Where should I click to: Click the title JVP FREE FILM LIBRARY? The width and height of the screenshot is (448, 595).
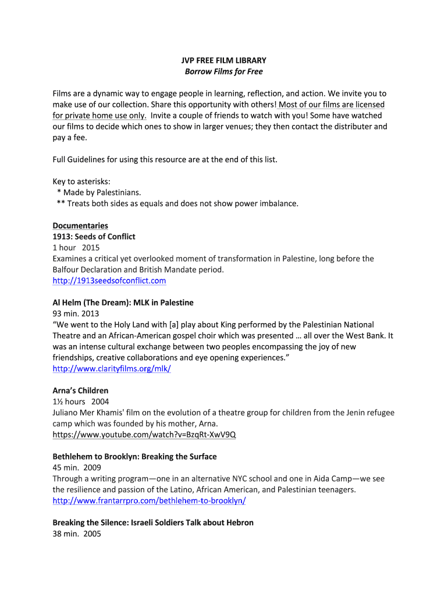[x=223, y=60]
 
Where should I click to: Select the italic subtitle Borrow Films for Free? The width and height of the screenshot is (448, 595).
[x=223, y=71]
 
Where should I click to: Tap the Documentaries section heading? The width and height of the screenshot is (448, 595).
[x=80, y=225]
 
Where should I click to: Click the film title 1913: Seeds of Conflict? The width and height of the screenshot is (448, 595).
[x=94, y=236]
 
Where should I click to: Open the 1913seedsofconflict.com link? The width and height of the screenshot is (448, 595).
[x=109, y=281]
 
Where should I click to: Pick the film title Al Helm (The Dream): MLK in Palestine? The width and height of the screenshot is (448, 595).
[x=123, y=303]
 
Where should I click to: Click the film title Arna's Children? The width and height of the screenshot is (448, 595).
[x=80, y=390]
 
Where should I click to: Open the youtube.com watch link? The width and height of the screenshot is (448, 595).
[x=144, y=435]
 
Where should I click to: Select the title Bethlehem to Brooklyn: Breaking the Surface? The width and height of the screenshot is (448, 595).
[x=134, y=457]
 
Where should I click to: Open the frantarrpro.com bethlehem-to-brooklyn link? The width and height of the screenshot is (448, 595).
[x=149, y=500]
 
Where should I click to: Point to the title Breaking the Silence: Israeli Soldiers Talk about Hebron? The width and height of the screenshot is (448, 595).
[x=153, y=522]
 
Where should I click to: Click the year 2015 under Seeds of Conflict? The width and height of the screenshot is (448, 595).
[x=91, y=248]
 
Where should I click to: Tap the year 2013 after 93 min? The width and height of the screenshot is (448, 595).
[x=91, y=314]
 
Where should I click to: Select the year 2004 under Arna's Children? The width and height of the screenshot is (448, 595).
[x=99, y=402]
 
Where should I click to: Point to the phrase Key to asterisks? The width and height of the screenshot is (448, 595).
[x=81, y=181]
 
